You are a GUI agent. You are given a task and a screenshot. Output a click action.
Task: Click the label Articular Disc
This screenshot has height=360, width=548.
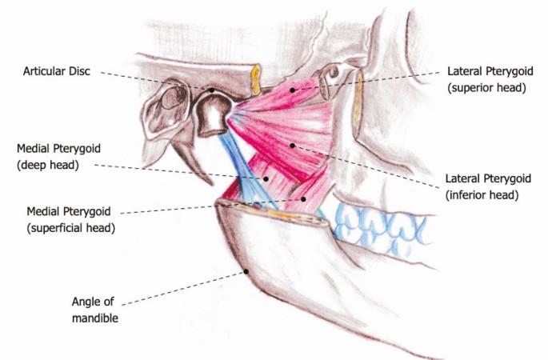tap(57, 71)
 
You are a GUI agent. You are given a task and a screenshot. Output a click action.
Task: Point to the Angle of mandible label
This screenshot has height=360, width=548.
tap(95, 309)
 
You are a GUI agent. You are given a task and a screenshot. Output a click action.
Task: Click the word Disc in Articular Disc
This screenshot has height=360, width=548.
tap(79, 71)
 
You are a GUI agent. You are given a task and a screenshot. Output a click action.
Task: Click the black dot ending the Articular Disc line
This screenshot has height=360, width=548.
tap(212, 90)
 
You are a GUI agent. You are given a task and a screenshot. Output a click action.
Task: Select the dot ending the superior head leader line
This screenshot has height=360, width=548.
tap(292, 89)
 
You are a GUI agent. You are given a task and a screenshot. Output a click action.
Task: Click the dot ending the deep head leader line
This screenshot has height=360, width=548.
tap(267, 178)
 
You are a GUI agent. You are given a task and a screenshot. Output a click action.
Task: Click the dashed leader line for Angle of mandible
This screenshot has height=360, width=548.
tap(184, 287)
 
